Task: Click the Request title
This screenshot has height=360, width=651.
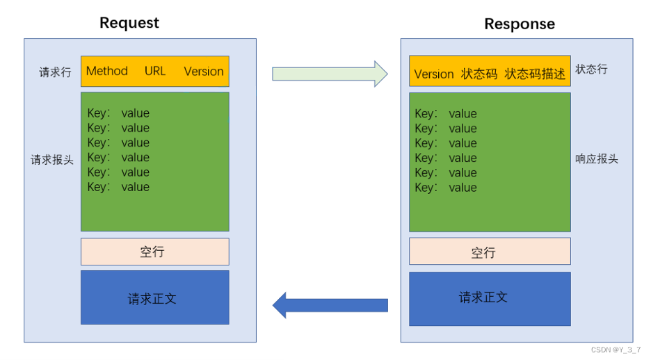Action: click(x=129, y=23)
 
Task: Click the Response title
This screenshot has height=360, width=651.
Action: click(x=520, y=24)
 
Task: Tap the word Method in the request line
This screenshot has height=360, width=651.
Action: click(x=106, y=71)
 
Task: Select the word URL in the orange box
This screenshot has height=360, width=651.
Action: click(x=155, y=71)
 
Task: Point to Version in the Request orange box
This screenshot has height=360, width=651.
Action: click(x=204, y=72)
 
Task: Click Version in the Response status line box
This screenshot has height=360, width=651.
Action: click(x=434, y=74)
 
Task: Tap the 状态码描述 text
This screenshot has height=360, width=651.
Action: click(x=535, y=74)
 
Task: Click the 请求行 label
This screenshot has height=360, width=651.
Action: click(x=55, y=72)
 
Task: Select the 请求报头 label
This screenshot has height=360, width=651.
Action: click(x=52, y=160)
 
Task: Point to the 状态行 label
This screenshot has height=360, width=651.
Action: click(x=591, y=69)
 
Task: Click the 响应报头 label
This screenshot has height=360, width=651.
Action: click(x=597, y=159)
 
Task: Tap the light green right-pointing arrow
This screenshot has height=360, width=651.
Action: click(x=330, y=74)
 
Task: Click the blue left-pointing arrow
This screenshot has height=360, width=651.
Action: click(x=330, y=305)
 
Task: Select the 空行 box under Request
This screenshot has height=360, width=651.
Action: click(x=155, y=252)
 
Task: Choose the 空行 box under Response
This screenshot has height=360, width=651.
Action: click(x=490, y=252)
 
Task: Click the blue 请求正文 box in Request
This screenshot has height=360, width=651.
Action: click(x=155, y=297)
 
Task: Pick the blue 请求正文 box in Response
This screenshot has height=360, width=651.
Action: click(x=490, y=299)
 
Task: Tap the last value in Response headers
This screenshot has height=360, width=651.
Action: click(x=463, y=188)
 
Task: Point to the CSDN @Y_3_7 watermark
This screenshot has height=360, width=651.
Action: click(x=616, y=350)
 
